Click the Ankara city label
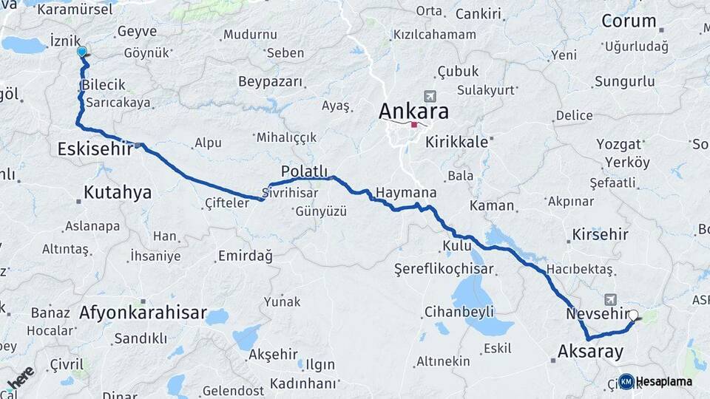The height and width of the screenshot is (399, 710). click(413, 112)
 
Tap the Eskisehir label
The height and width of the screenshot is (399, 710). click(95, 149)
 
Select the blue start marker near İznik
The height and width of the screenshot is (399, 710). click(81, 52)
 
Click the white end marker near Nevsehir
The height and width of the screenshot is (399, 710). click(632, 315)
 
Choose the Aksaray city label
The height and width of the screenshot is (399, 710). click(592, 352)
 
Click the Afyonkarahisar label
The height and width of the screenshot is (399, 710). click(143, 313)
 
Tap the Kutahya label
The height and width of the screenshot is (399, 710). click(117, 193)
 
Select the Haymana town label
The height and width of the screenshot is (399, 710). click(405, 193)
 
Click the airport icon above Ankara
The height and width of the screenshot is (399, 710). click(429, 96)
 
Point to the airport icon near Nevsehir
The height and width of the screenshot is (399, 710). click(611, 299)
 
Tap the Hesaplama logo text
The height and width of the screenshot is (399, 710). click(664, 381)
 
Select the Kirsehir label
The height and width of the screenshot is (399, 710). click(600, 235)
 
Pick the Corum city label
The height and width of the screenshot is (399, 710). click(629, 21)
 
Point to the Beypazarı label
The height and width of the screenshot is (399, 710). click(271, 81)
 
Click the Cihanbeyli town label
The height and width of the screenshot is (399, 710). click(459, 312)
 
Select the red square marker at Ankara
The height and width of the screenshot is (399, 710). click(413, 124)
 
